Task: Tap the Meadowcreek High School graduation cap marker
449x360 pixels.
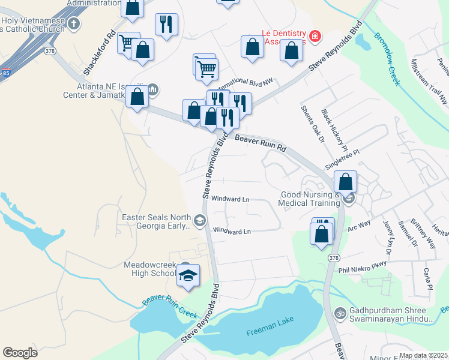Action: [188, 276]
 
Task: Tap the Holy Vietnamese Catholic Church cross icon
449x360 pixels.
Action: [74, 24]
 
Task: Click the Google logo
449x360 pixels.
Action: [20, 352]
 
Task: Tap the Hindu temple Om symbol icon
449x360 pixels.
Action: [340, 314]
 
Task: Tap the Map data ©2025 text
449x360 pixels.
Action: [423, 355]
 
